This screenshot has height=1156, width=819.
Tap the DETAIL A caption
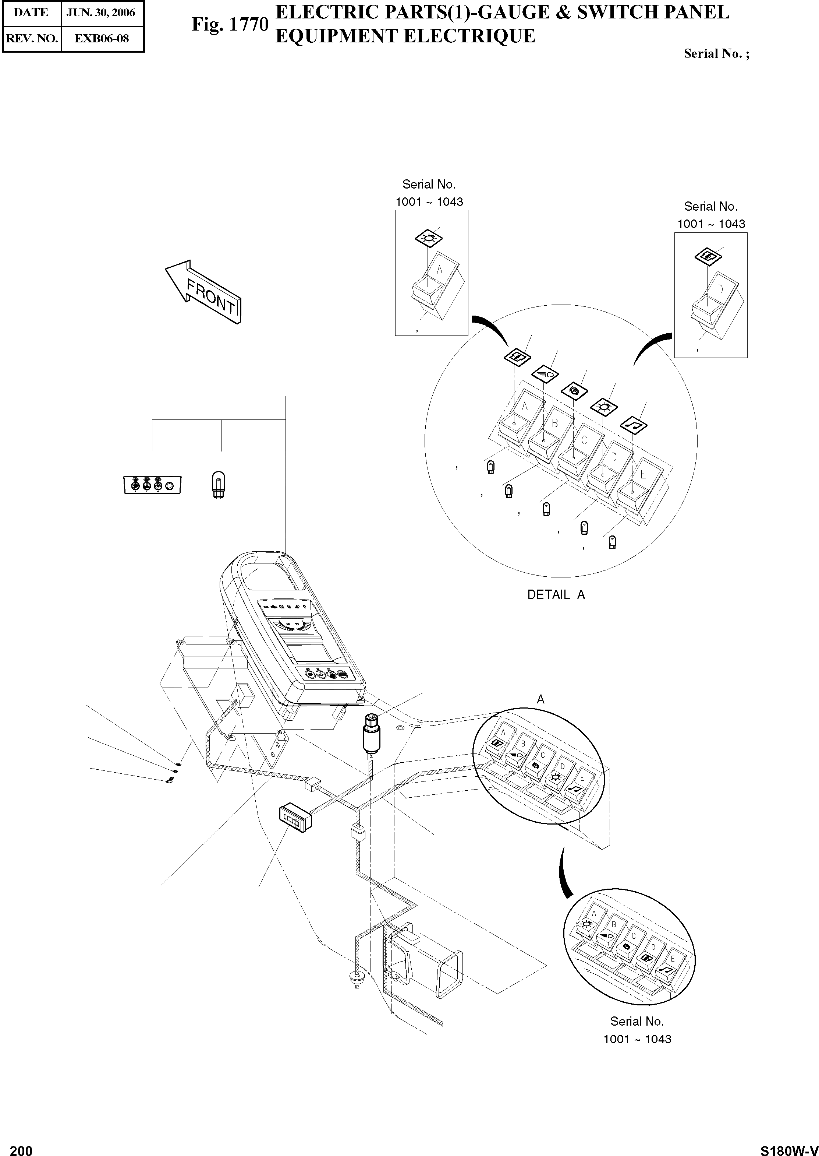pos(556,595)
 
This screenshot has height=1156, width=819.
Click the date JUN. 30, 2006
pos(101,13)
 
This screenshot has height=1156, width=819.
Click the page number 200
pos(21,1147)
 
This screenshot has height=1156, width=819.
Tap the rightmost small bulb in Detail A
pos(613,543)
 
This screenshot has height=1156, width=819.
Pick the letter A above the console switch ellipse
pos(540,699)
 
